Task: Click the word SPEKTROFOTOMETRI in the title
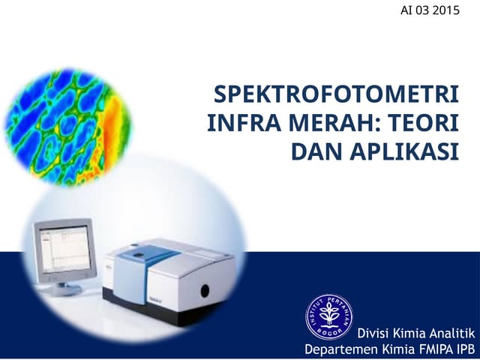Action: tap(336, 96)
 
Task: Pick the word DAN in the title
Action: tap(314, 150)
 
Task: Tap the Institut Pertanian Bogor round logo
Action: tap(328, 316)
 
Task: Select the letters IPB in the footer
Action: tap(465, 349)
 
